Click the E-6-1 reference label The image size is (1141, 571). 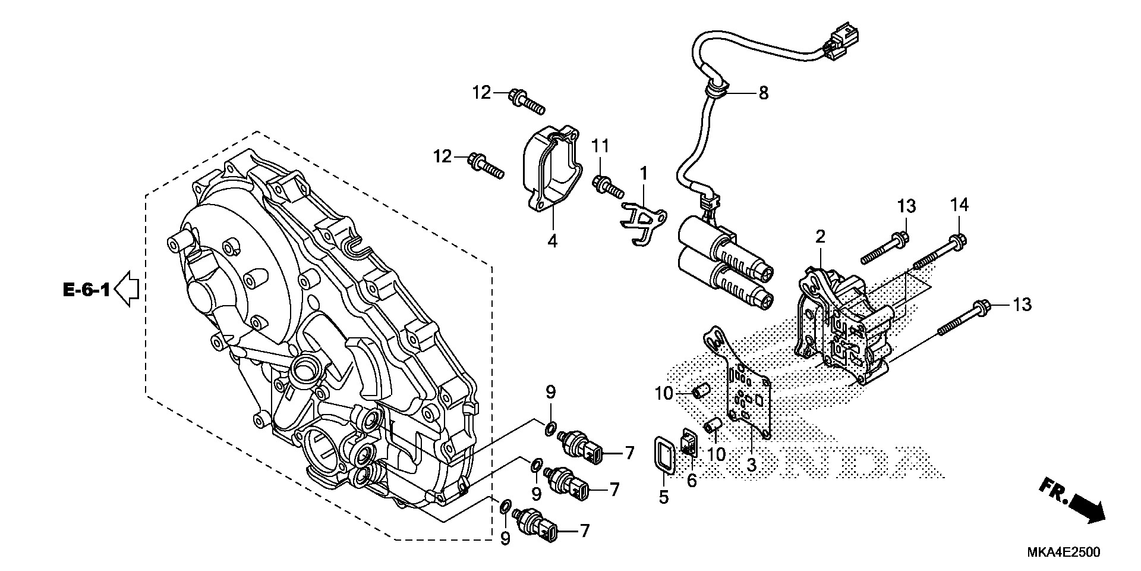click(x=86, y=291)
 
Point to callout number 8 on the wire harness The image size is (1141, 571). click(x=763, y=93)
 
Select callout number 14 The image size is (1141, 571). click(x=959, y=205)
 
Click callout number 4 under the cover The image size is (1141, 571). click(x=552, y=242)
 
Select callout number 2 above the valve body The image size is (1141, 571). click(x=820, y=237)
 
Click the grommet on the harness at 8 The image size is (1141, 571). click(x=714, y=91)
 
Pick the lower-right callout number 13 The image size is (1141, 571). click(x=1022, y=305)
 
